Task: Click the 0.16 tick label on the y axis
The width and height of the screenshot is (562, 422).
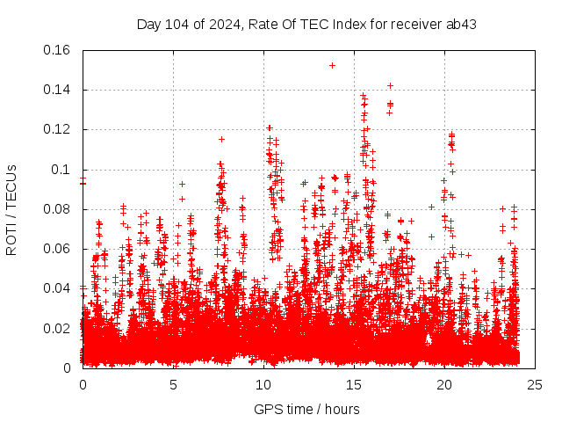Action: click(58, 50)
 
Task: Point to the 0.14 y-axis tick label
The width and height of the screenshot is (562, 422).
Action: click(58, 90)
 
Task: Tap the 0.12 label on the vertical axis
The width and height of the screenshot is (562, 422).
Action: click(58, 129)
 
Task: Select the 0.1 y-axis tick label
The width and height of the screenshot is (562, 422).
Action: click(61, 170)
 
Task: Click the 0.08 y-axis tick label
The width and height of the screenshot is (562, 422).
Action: click(58, 209)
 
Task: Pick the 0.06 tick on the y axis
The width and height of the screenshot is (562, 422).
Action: click(58, 249)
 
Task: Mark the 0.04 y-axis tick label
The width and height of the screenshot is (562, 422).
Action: click(58, 288)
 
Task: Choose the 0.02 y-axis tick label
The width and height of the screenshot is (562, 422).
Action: click(58, 328)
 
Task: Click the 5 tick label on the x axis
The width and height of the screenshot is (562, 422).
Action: click(173, 385)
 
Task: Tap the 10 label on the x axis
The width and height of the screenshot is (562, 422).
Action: click(263, 385)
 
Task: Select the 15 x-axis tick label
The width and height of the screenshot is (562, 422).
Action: click(354, 385)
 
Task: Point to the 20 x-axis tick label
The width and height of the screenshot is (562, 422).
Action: click(444, 385)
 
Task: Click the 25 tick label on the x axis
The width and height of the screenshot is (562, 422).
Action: click(535, 385)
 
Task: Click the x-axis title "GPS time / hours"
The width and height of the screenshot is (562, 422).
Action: click(306, 409)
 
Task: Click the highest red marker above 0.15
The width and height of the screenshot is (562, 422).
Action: click(332, 65)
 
